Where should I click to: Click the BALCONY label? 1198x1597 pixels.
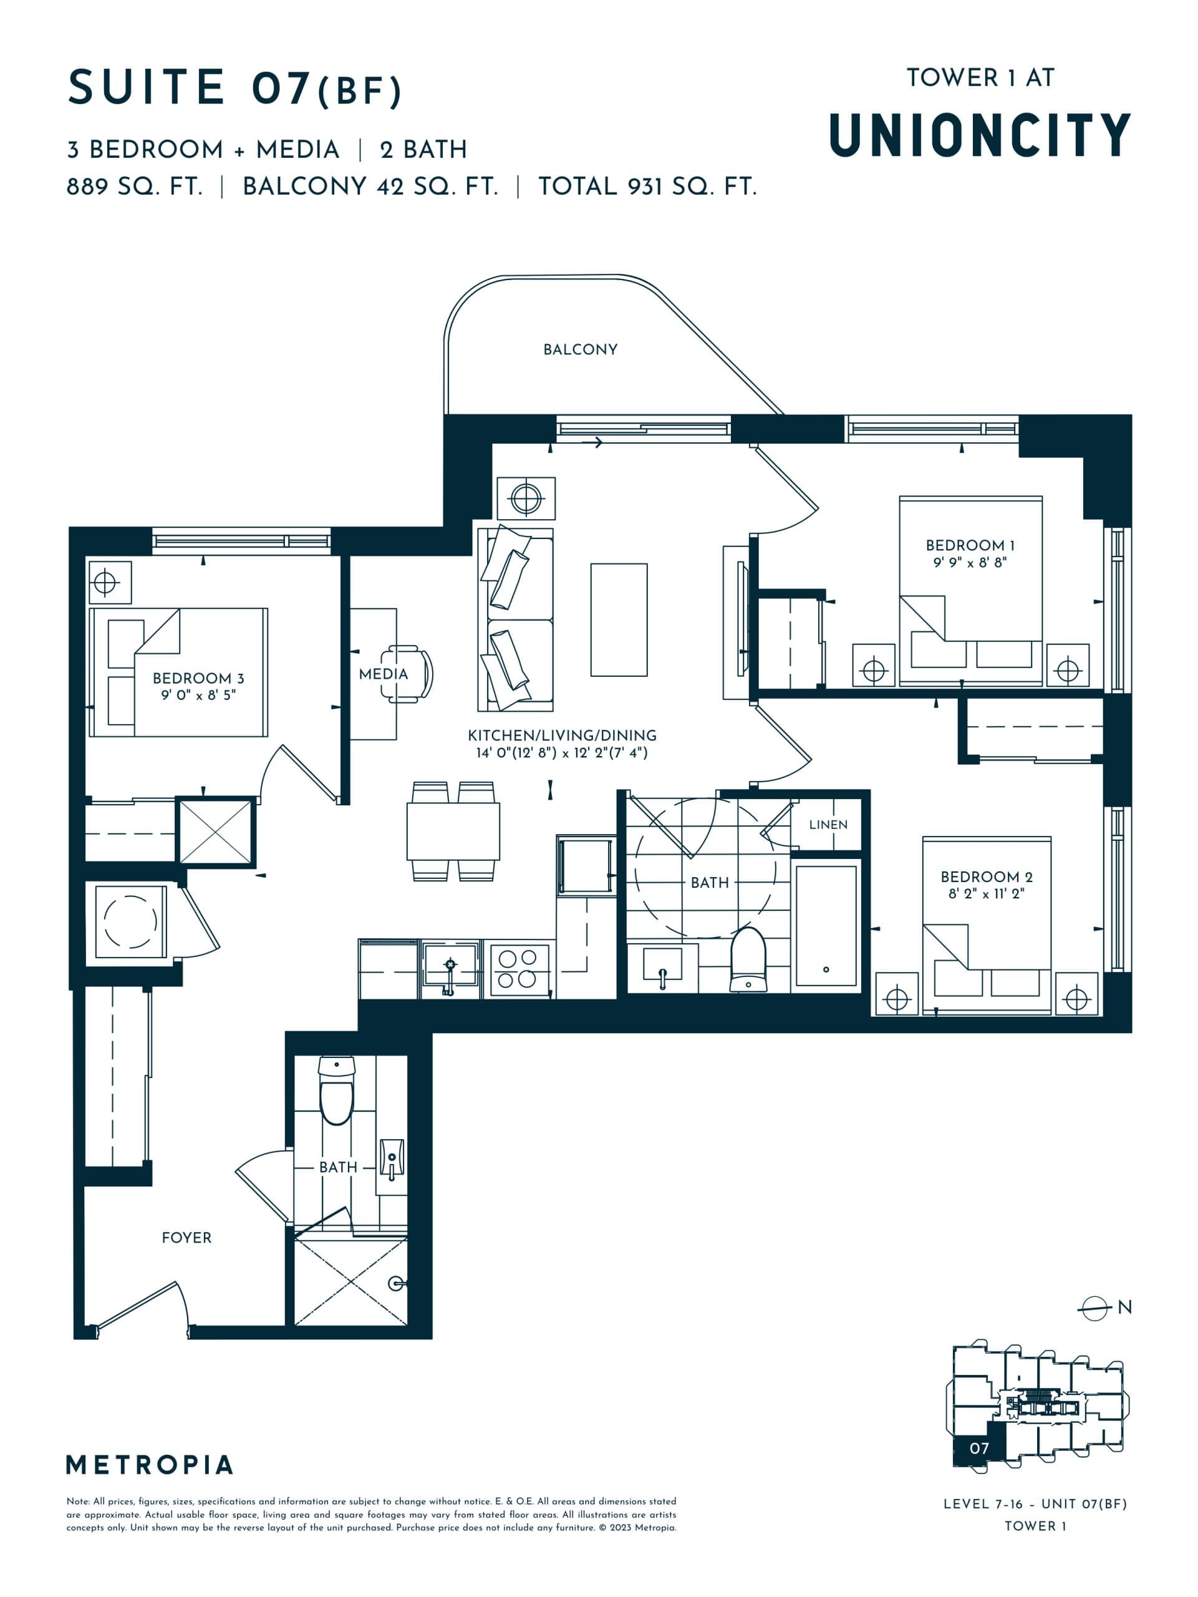pyautogui.click(x=580, y=349)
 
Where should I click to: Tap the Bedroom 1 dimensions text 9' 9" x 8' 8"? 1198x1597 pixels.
pyautogui.click(x=970, y=563)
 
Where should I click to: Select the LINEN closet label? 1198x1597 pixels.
pyautogui.click(x=828, y=825)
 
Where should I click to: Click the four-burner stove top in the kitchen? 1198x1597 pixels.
pyautogui.click(x=518, y=969)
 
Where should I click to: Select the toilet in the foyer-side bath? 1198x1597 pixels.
pyautogui.click(x=336, y=1092)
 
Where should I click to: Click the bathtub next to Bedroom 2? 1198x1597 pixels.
pyautogui.click(x=826, y=926)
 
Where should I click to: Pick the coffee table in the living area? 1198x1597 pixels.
pyautogui.click(x=619, y=619)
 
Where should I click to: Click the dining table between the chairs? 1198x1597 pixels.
pyautogui.click(x=453, y=831)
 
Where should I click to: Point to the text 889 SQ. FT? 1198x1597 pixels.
pyautogui.click(x=134, y=187)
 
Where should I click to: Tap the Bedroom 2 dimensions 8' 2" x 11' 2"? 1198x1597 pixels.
pyautogui.click(x=986, y=894)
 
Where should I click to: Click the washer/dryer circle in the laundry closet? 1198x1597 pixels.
pyautogui.click(x=130, y=922)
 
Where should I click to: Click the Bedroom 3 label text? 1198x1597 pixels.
pyautogui.click(x=198, y=678)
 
